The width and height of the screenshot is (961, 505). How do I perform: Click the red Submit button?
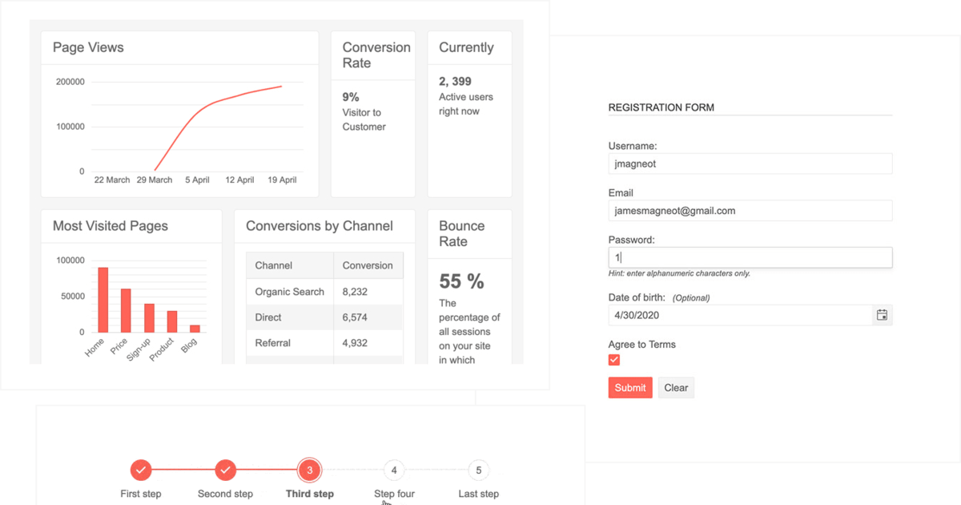point(630,388)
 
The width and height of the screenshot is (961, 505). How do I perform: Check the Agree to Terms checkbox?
point(614,360)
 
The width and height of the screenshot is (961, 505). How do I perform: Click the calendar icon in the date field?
point(882,315)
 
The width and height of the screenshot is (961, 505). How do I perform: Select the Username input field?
point(750,164)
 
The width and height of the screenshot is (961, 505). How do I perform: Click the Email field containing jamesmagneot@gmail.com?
point(750,211)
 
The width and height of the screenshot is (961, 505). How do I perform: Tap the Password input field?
point(750,257)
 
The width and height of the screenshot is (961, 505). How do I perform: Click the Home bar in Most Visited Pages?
point(103,300)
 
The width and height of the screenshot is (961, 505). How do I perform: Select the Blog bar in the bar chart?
point(195,328)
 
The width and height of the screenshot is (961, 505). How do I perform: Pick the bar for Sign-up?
point(149,317)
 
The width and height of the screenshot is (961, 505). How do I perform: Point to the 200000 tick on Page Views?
point(70,82)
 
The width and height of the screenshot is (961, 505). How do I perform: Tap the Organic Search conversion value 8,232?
point(356,292)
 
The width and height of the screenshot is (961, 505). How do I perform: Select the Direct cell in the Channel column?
point(268,317)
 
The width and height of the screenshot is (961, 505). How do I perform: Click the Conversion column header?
point(368,265)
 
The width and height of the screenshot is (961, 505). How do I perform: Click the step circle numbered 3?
point(309,470)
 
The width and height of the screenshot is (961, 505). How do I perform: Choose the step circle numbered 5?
point(478,470)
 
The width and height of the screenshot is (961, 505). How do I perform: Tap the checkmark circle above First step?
point(141,470)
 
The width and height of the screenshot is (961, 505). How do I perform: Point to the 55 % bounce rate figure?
point(461,281)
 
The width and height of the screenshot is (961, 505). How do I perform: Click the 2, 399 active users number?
point(455,81)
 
